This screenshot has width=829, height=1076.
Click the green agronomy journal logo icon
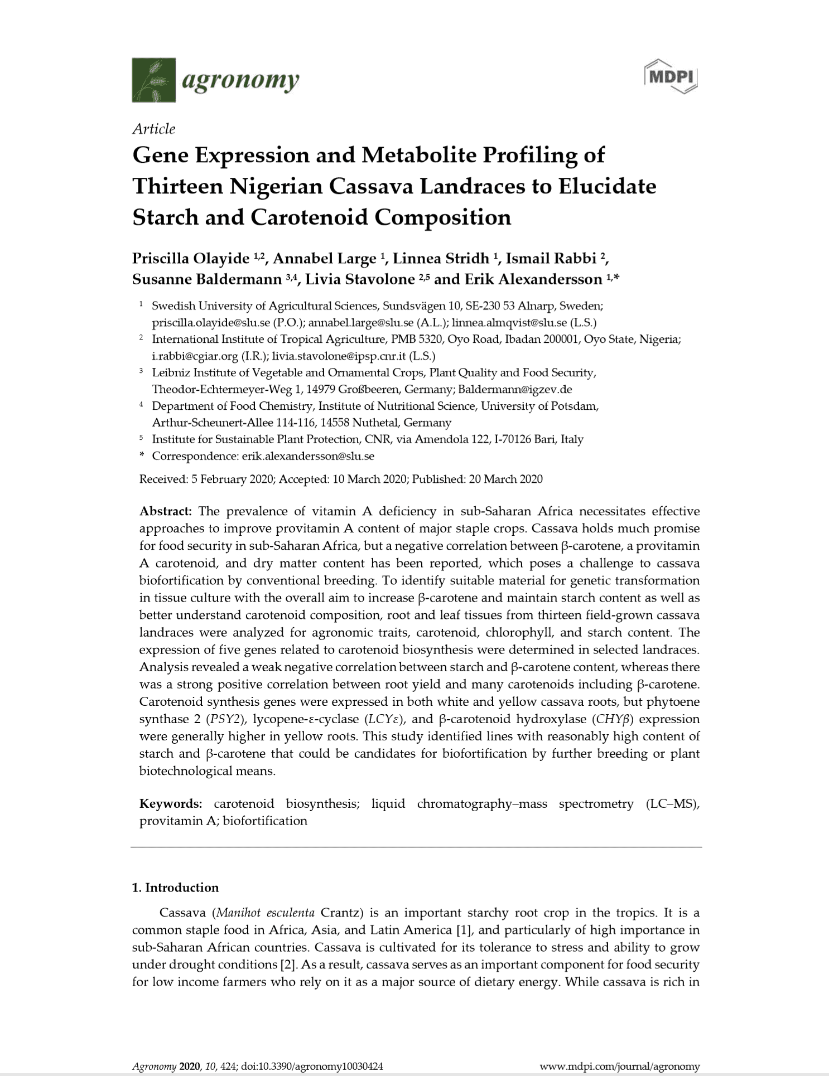153,80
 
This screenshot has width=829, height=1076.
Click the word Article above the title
153,129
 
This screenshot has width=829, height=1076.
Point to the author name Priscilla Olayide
190,259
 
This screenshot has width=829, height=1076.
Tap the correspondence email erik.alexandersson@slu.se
307,456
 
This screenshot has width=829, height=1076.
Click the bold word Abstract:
166,511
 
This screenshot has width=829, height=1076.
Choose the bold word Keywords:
170,803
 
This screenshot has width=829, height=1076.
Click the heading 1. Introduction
175,888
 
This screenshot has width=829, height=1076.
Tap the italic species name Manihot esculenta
265,913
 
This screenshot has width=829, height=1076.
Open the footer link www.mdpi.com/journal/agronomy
620,1067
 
